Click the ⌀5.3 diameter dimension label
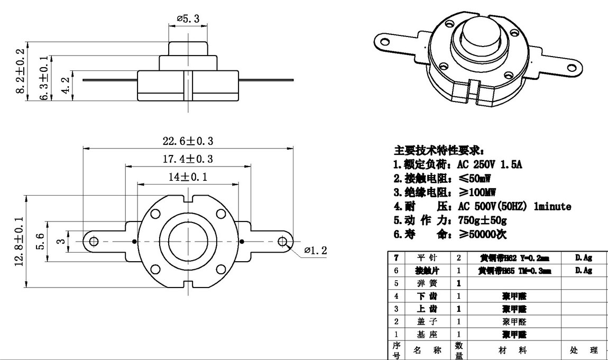[x=188, y=19]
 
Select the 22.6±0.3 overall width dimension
[x=188, y=141]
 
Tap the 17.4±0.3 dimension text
[x=188, y=159]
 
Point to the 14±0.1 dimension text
[x=188, y=177]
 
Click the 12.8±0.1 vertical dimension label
[x=20, y=241]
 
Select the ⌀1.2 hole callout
[x=316, y=250]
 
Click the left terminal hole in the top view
[x=94, y=241]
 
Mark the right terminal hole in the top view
[x=282, y=241]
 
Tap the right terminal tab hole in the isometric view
[x=571, y=67]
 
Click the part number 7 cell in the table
[x=397, y=258]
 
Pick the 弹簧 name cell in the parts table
[x=426, y=283]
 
